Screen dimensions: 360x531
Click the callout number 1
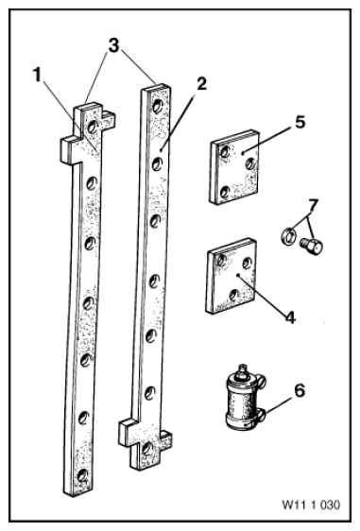pyautogui.click(x=38, y=75)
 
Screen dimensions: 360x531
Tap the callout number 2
pyautogui.click(x=201, y=84)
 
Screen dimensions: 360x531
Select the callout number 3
pyautogui.click(x=113, y=45)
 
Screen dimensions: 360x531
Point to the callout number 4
pyautogui.click(x=290, y=317)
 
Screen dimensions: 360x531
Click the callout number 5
pyautogui.click(x=300, y=122)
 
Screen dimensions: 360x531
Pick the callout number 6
pyautogui.click(x=300, y=390)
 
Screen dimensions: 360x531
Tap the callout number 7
pyautogui.click(x=313, y=206)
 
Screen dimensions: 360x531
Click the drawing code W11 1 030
pyautogui.click(x=311, y=505)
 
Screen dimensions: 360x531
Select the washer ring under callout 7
pyautogui.click(x=288, y=236)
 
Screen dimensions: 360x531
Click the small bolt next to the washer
pyautogui.click(x=311, y=247)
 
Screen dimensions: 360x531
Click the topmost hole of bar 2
pyautogui.click(x=157, y=107)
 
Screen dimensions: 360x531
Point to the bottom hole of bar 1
pyautogui.click(x=82, y=475)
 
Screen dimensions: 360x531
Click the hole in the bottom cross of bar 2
pyautogui.click(x=147, y=449)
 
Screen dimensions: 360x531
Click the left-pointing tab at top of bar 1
pyautogui.click(x=67, y=149)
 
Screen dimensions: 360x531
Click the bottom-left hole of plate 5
pyautogui.click(x=224, y=193)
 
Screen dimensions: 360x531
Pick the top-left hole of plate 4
pyautogui.click(x=221, y=260)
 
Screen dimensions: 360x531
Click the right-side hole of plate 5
pyautogui.click(x=250, y=163)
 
